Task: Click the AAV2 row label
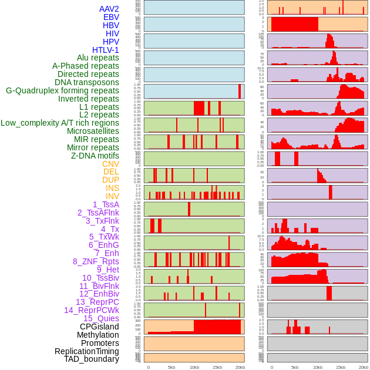click(109, 9)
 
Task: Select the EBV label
click(110, 17)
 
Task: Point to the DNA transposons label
click(87, 82)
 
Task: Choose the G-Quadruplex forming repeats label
click(62, 90)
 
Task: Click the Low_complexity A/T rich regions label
click(60, 123)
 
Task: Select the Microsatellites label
click(93, 131)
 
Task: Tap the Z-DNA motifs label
click(95, 156)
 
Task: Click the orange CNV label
click(110, 164)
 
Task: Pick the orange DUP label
click(110, 180)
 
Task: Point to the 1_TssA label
click(106, 204)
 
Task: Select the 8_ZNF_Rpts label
click(96, 261)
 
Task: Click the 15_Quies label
click(101, 318)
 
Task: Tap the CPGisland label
click(99, 327)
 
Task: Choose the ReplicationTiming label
click(87, 351)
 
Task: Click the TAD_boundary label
click(92, 359)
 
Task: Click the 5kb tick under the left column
click(171, 367)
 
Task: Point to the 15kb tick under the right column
click(341, 367)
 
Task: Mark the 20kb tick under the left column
click(240, 367)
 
